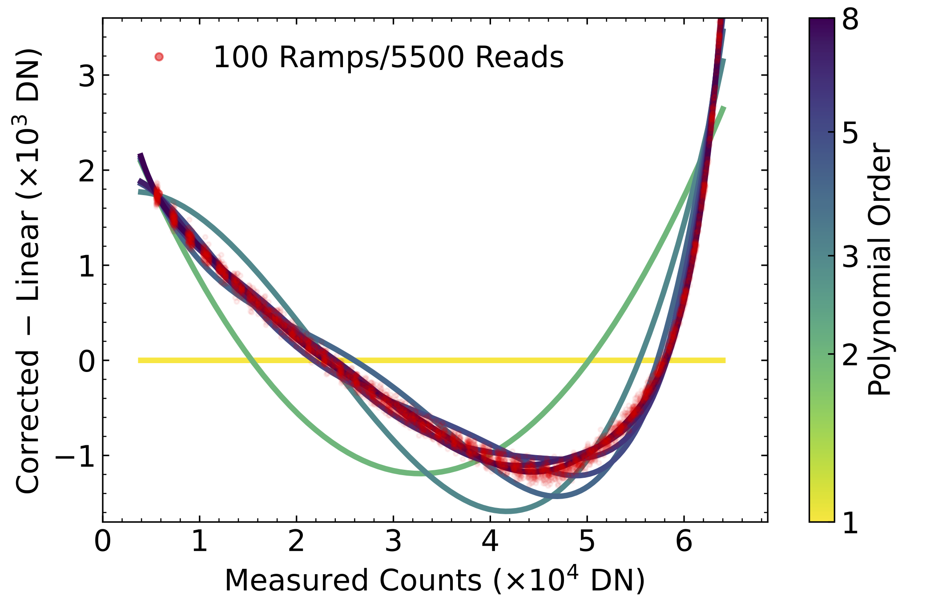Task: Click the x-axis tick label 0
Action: (x=103, y=543)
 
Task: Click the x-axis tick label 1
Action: (x=199, y=543)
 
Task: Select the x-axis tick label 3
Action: (x=393, y=543)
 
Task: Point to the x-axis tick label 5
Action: (x=587, y=543)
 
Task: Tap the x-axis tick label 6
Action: (x=684, y=543)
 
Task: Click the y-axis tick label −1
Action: (x=75, y=456)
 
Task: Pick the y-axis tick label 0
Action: (x=87, y=361)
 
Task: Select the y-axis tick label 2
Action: (x=87, y=171)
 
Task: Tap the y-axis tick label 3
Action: (x=87, y=76)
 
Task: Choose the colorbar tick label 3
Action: (x=850, y=256)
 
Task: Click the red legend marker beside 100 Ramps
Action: (x=159, y=57)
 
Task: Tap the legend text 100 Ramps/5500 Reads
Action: (x=388, y=58)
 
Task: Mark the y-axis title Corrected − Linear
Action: (x=28, y=271)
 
